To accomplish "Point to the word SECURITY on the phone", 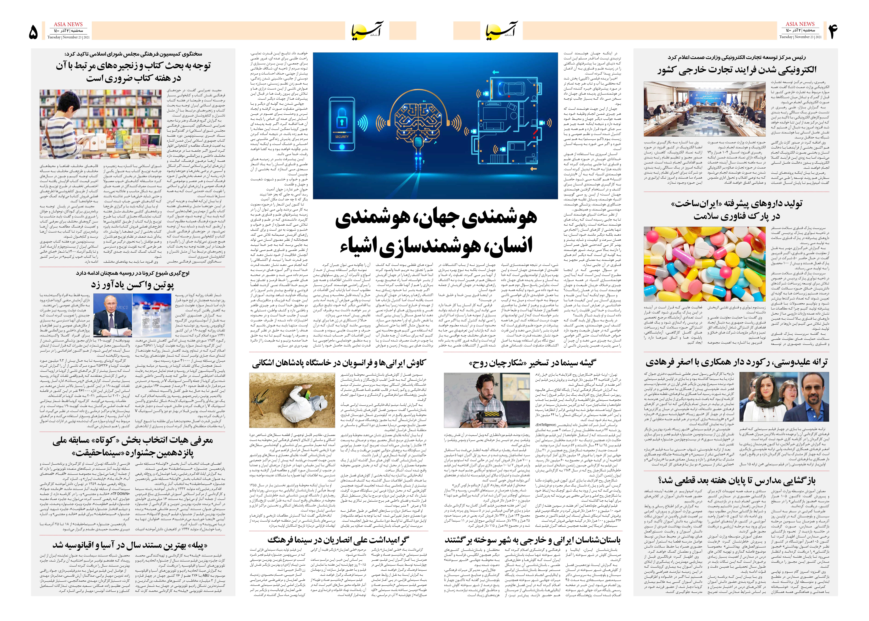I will coord(342,136).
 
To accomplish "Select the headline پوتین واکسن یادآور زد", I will coord(133,285).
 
